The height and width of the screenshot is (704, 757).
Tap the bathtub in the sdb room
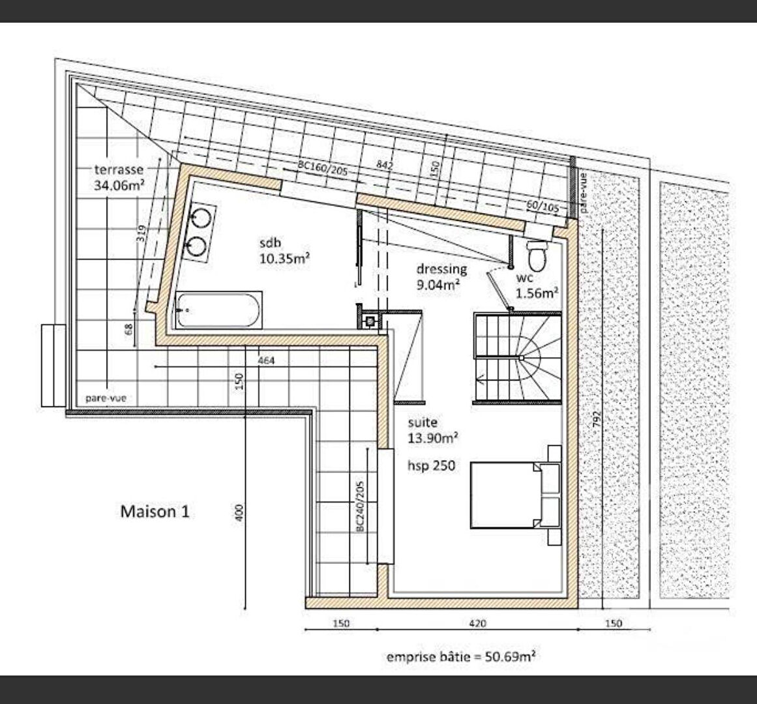(218, 310)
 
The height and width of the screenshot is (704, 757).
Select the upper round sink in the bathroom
(201, 216)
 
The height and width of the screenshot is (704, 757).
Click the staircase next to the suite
(518, 357)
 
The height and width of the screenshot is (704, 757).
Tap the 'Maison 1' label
(155, 511)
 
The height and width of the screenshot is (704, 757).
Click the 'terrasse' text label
(119, 170)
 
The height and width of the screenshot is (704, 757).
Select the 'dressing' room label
(441, 269)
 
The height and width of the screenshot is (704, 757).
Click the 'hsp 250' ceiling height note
(432, 465)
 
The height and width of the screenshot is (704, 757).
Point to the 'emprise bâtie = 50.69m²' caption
(461, 656)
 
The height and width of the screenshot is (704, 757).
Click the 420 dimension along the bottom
(477, 623)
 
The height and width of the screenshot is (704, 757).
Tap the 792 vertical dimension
(597, 419)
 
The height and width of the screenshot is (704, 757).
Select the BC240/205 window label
(360, 505)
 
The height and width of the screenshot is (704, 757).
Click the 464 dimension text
(266, 360)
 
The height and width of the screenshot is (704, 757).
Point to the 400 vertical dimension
(239, 512)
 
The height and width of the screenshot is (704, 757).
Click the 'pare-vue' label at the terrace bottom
(106, 398)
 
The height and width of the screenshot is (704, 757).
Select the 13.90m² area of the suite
(433, 438)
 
